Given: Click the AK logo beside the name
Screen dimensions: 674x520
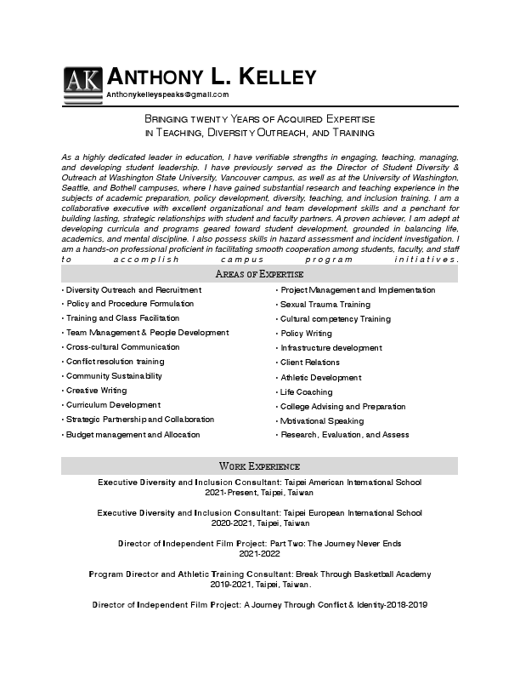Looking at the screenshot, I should (x=82, y=83).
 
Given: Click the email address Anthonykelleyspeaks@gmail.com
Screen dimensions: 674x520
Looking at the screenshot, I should (x=167, y=94).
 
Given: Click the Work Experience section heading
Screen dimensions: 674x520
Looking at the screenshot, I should (x=259, y=466).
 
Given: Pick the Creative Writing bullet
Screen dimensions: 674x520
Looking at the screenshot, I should (x=96, y=391).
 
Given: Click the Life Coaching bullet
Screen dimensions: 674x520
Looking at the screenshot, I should (x=306, y=392).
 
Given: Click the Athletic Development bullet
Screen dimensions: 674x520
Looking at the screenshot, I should (x=320, y=378).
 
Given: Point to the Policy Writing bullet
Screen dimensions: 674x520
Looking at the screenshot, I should (x=306, y=334).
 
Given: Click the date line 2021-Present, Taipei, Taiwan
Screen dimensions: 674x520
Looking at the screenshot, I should (x=259, y=493).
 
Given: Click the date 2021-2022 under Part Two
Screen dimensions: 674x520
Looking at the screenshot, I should (x=259, y=554).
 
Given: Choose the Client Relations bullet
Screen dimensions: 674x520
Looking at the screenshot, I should (x=310, y=363).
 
